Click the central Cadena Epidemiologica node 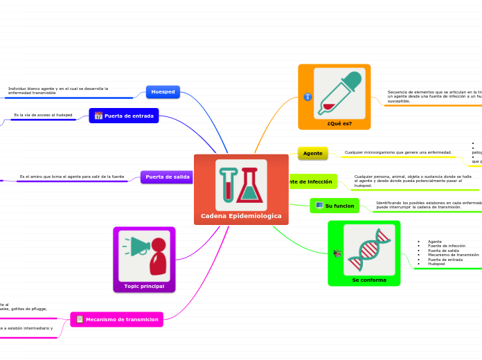point(241,215)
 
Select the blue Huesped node point(163,91)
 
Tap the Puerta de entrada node point(124,116)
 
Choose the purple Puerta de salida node point(167,177)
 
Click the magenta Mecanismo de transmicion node point(117,319)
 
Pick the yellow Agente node point(312,152)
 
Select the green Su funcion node point(334,206)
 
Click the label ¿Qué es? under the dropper point(339,123)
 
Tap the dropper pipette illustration point(339,93)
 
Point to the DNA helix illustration point(369,249)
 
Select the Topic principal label point(144,286)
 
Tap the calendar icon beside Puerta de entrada point(98,116)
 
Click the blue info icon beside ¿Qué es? point(307,97)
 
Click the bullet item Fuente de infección point(446,246)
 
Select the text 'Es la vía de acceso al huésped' point(43,115)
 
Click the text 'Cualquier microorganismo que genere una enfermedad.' point(398,152)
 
